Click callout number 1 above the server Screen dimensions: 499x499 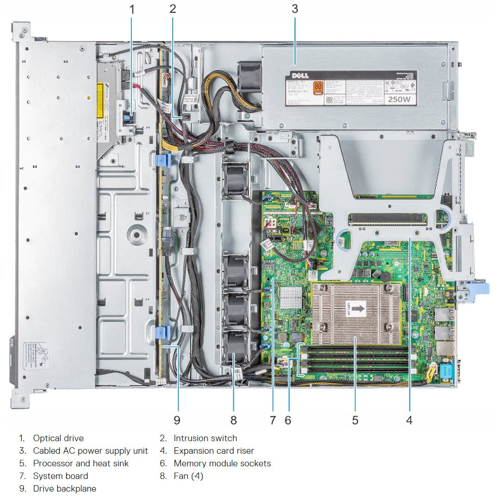click(132, 8)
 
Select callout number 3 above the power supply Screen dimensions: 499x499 click(295, 8)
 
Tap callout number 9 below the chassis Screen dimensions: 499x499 click(176, 420)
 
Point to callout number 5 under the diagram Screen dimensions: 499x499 click(355, 420)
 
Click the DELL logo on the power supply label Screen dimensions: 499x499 click(303, 75)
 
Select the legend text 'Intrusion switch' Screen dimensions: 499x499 click(205, 438)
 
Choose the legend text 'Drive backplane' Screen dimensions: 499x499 click(64, 488)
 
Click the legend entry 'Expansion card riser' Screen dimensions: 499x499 click(213, 450)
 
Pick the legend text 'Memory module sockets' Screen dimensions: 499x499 click(222, 463)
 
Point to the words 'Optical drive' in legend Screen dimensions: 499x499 click(58, 438)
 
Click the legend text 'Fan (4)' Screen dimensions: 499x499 click(188, 475)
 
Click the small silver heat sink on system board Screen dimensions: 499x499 click(291, 297)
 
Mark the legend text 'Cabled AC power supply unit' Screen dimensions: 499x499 click(90, 450)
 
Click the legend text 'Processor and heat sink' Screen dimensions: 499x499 click(81, 463)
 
